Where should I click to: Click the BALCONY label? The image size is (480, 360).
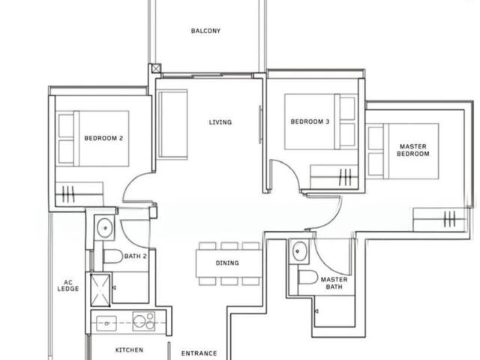click(205, 31)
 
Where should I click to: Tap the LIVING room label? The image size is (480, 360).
click(220, 122)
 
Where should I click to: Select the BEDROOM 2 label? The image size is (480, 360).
click(103, 138)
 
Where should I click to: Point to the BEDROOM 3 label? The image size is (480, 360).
click(310, 121)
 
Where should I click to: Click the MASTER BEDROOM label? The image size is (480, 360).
click(413, 150)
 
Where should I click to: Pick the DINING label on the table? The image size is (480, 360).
click(227, 263)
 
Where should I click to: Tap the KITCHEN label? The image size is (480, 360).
click(129, 350)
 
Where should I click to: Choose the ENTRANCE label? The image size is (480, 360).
click(199, 353)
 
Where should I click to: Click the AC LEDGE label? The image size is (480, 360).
click(68, 285)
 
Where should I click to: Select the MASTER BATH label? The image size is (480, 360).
click(334, 283)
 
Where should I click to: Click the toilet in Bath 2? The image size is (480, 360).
click(113, 256)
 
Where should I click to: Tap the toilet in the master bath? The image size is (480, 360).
click(308, 277)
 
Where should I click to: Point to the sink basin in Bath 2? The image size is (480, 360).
click(105, 227)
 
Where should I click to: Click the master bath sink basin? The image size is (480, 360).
click(299, 251)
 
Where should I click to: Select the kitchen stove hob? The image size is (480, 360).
click(144, 321)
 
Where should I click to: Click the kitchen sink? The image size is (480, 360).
click(106, 323)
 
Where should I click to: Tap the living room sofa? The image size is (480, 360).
click(172, 124)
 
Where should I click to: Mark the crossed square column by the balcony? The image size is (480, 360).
click(156, 68)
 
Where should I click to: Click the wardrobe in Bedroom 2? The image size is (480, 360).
click(79, 194)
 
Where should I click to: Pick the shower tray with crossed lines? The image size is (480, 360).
click(100, 290)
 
